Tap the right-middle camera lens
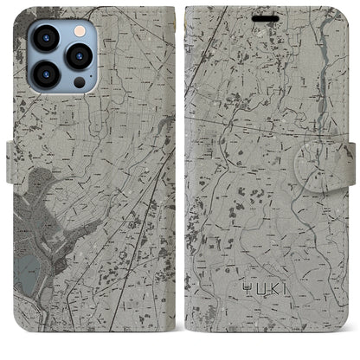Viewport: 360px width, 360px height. coord(79,57)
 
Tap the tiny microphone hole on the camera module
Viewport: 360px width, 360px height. coord(61,57)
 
